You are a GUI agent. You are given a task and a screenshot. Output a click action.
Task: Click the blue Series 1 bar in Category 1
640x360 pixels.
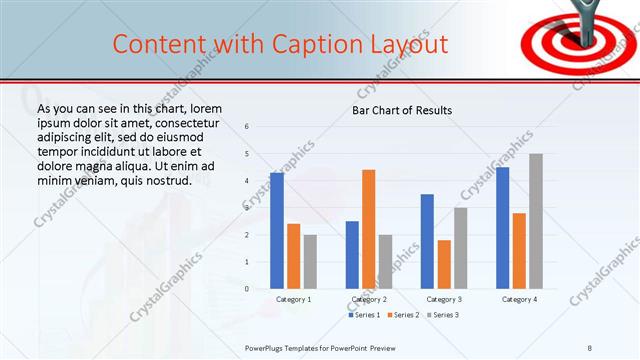[276, 230]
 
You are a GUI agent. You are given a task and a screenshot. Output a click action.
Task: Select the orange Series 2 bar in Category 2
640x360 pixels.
[368, 229]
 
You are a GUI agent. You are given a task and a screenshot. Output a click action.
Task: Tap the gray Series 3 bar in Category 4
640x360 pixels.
[536, 221]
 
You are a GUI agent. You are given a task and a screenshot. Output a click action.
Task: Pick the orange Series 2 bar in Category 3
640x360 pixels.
[443, 264]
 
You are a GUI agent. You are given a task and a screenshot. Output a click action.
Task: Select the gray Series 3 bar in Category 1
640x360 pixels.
[310, 262]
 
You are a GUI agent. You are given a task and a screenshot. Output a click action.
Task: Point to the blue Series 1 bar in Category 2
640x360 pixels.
[352, 255]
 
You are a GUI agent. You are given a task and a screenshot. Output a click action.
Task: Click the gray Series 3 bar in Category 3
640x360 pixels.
[460, 248]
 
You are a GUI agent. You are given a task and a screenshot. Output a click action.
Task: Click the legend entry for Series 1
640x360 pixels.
[364, 315]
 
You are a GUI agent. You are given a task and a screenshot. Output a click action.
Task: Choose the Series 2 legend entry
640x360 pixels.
[402, 315]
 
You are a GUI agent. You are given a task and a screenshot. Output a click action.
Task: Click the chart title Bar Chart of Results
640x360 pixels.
[402, 110]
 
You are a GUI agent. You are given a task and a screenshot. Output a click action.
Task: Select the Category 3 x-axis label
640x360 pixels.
[443, 299]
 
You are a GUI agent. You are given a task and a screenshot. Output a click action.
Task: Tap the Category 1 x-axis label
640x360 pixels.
[293, 299]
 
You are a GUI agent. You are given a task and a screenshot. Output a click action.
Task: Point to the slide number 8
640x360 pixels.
[589, 347]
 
